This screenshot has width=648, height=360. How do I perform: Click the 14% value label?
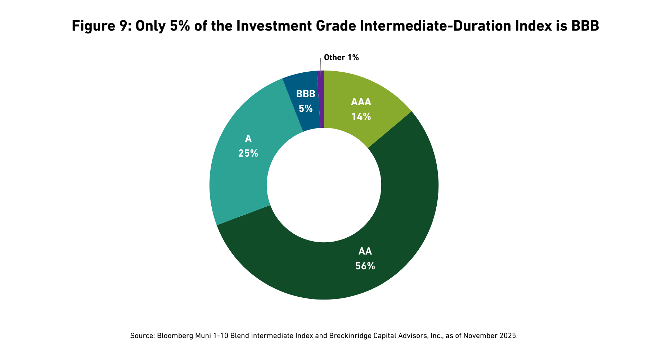[361, 117]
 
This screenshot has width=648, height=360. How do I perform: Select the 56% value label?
[365, 266]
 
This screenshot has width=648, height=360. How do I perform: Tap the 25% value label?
[248, 153]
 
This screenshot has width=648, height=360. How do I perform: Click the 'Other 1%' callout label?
[341, 57]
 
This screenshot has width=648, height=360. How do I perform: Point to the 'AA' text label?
[365, 251]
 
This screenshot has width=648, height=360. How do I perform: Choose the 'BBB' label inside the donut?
[306, 94]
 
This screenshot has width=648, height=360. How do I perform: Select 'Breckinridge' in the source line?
[347, 336]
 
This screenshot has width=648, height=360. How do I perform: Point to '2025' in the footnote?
[508, 336]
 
